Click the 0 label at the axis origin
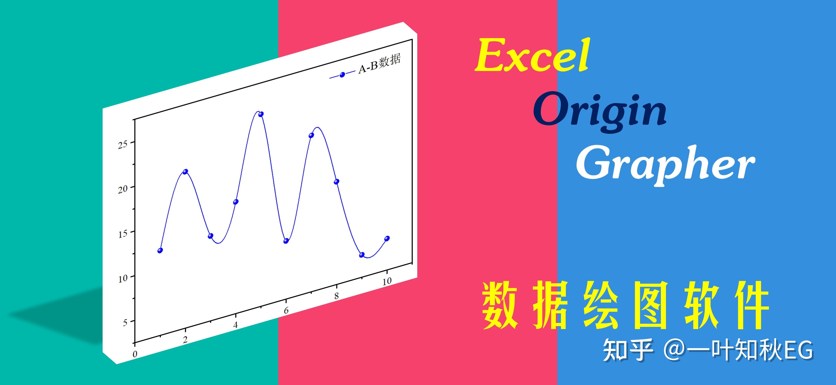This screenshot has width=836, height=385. point(135,354)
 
